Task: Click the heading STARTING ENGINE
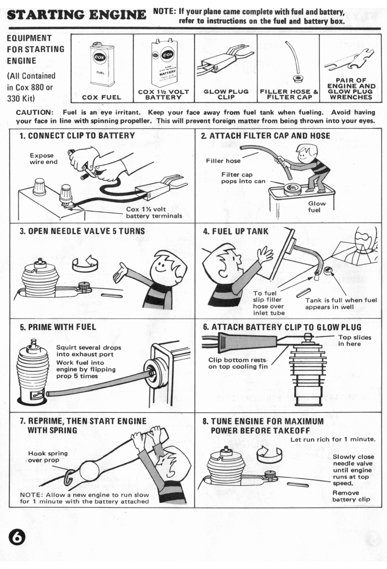coord(77,15)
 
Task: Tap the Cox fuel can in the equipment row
coord(102,65)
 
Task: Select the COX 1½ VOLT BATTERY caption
coord(163,95)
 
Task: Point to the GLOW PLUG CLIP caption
coord(226,95)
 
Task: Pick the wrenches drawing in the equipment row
coord(349,61)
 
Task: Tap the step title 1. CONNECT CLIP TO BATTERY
coord(77,136)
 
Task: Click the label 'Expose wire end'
coord(43,158)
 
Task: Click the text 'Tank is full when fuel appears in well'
coord(341,304)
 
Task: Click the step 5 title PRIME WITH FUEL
coord(58,327)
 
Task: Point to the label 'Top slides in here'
coord(355,340)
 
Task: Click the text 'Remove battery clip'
coord(351,496)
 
